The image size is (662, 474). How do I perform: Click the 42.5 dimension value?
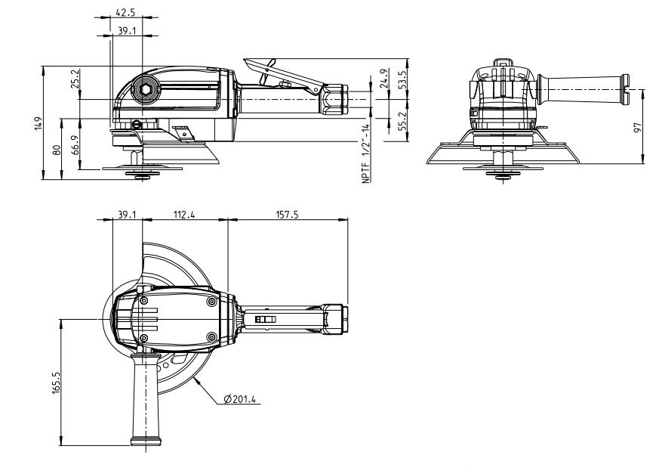click(126, 13)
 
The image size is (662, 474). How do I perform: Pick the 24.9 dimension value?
click(385, 78)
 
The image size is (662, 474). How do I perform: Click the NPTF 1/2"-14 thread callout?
click(365, 153)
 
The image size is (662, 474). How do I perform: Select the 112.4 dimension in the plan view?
click(184, 215)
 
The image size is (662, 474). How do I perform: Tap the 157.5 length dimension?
click(287, 215)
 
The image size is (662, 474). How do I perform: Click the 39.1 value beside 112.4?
click(126, 215)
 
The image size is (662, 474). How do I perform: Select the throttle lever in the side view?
click(291, 73)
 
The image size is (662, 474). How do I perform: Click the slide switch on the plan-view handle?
click(266, 320)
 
